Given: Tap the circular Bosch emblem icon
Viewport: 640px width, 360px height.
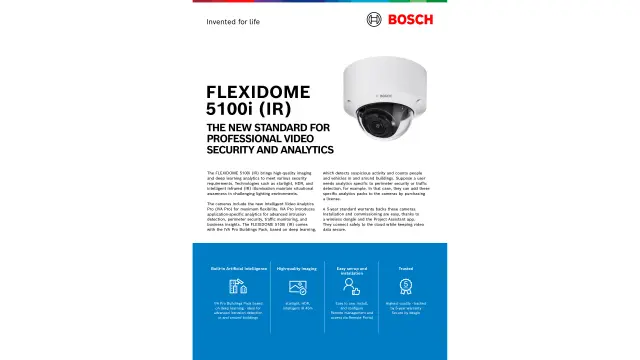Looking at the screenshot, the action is (375, 19).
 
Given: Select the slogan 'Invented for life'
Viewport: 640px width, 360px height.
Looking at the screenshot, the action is (233, 20).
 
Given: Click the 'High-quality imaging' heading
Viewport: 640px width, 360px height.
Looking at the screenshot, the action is (296, 268).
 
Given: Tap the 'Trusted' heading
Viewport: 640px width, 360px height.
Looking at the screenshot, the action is (406, 268).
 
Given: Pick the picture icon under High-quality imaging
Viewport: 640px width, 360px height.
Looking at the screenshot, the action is (296, 286).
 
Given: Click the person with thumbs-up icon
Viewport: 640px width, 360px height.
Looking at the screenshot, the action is (352, 287).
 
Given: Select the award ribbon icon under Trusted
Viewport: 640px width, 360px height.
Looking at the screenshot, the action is (406, 286).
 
